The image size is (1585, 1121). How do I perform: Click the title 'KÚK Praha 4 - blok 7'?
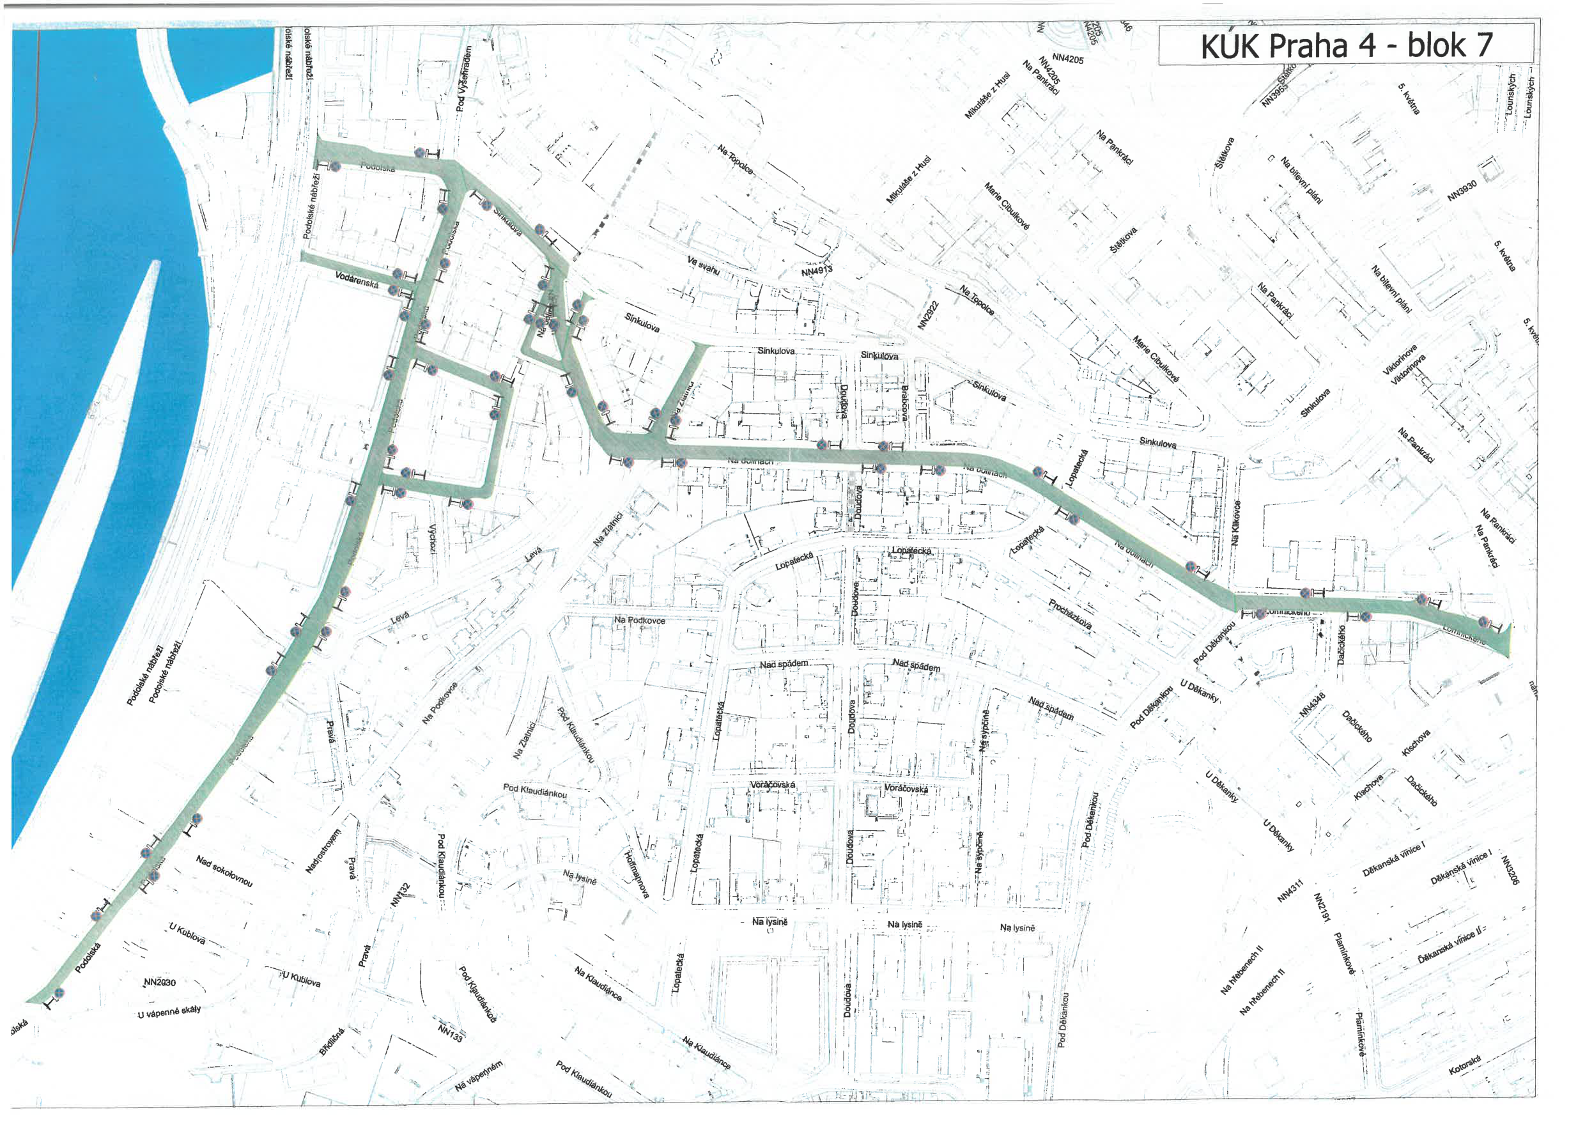coord(1345,45)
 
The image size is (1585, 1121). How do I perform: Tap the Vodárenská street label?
coord(356,279)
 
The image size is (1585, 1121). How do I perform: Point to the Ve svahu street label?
coord(704,265)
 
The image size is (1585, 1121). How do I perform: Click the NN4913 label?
coord(817,270)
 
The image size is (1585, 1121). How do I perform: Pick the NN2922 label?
coord(929,315)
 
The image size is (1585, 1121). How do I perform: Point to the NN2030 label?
coord(160,982)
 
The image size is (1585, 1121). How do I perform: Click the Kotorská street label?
coord(1464,1064)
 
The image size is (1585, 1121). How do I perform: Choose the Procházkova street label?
coord(1070,614)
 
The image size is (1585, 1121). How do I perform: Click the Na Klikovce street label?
coord(1237,523)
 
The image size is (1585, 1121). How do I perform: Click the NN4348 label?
coord(1311,705)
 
